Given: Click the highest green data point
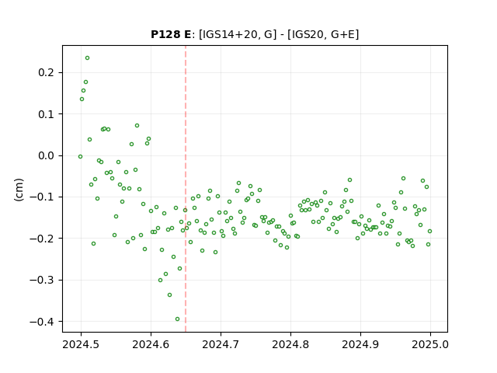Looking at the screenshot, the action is [x=87, y=58].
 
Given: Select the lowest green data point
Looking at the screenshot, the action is [x=178, y=319].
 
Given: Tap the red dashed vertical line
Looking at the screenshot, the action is [x=186, y=189].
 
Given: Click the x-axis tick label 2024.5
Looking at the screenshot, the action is [x=81, y=344].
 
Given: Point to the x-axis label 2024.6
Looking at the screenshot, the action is [x=151, y=344].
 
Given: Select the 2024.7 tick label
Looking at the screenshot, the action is [x=221, y=344].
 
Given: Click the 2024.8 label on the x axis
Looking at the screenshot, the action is [x=290, y=344].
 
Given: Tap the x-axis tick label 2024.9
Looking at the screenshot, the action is [x=360, y=344].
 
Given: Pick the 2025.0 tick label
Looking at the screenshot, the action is [x=430, y=344].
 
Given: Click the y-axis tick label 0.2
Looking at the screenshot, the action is [x=46, y=72].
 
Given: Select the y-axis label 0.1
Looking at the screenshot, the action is [x=46, y=114].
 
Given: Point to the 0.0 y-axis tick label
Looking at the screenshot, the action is [x=46, y=155].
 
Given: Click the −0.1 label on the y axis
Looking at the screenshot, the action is [x=42, y=197].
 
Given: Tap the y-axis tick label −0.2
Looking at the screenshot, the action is [x=42, y=239].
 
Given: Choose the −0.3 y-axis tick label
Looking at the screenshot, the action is [x=42, y=280].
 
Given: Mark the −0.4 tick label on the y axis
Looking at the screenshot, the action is [x=42, y=322].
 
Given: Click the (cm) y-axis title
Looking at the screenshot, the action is [x=19, y=189].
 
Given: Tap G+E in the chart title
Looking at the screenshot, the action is [x=343, y=34].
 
